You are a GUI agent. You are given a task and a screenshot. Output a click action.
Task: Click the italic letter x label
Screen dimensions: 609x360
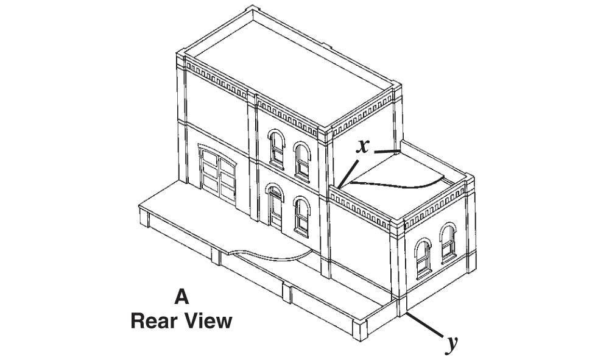point(362,147)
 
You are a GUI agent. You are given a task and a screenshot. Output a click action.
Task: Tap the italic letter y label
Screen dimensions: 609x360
point(451,344)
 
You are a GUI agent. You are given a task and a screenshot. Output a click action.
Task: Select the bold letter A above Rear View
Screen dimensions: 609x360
point(181,297)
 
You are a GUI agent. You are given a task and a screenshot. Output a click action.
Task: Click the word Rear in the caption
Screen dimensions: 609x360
point(154,322)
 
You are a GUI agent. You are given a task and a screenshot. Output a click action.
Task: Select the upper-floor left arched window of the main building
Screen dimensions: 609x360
point(276,149)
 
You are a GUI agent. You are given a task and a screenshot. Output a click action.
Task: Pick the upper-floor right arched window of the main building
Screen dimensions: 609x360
point(302,162)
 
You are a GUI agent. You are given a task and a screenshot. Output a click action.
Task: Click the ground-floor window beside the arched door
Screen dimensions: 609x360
point(302,217)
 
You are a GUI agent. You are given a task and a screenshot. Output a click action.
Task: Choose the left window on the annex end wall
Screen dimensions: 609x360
point(423,259)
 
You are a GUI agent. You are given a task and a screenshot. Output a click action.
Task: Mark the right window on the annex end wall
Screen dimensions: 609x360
point(448,242)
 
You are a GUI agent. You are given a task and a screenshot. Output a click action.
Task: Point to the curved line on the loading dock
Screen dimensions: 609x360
point(272,256)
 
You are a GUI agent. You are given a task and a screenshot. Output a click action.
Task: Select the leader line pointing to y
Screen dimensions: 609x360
point(424,324)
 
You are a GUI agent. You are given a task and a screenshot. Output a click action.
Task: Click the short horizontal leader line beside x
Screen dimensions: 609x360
point(387,152)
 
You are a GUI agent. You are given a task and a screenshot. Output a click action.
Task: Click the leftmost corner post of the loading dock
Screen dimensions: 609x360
point(144,216)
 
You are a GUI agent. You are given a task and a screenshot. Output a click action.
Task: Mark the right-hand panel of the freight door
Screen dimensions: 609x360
point(227,180)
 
